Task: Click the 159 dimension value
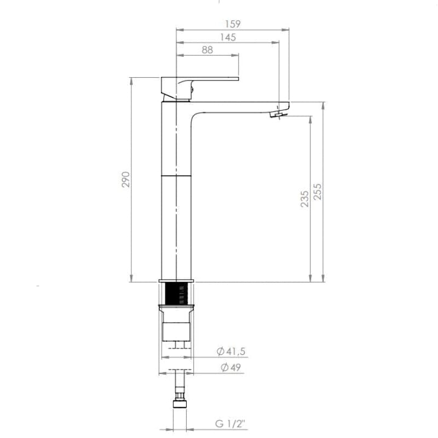pyautogui.click(x=233, y=24)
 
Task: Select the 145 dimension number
pyautogui.click(x=228, y=37)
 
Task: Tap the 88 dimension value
pyautogui.click(x=208, y=50)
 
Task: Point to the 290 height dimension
pyautogui.click(x=126, y=180)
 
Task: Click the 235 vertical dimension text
pyautogui.click(x=305, y=199)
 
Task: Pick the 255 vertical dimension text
pyautogui.click(x=318, y=192)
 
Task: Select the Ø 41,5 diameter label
pyautogui.click(x=231, y=351)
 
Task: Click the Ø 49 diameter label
pyautogui.click(x=230, y=367)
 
